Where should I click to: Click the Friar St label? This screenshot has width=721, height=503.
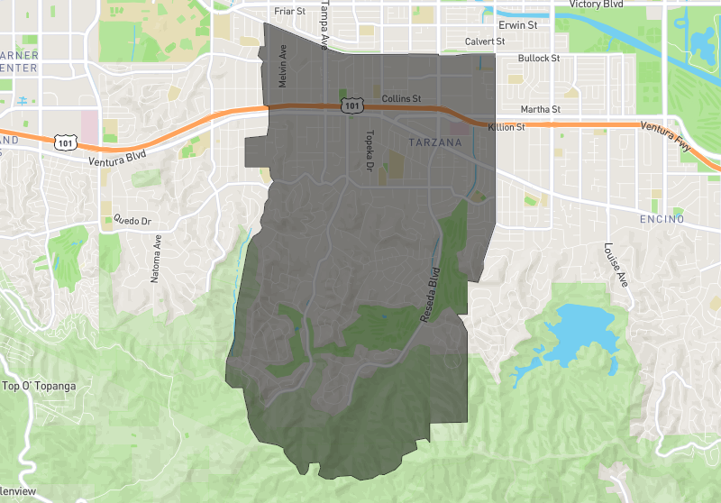click(289, 12)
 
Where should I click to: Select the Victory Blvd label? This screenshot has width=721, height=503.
click(597, 5)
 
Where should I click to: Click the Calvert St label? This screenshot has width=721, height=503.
click(485, 41)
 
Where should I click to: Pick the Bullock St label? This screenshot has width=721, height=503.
click(539, 59)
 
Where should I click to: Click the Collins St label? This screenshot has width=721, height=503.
click(401, 97)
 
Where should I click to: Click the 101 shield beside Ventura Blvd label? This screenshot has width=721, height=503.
click(64, 142)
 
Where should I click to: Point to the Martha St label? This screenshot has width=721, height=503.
click(541, 110)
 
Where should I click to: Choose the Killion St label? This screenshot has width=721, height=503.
click(506, 128)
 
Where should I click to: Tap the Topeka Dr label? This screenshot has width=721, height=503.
click(370, 151)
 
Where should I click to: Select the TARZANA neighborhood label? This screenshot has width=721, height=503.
click(434, 143)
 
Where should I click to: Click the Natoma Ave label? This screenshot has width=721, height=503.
click(156, 260)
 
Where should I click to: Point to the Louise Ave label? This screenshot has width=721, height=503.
click(614, 263)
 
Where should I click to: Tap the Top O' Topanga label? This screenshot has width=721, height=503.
click(40, 387)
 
